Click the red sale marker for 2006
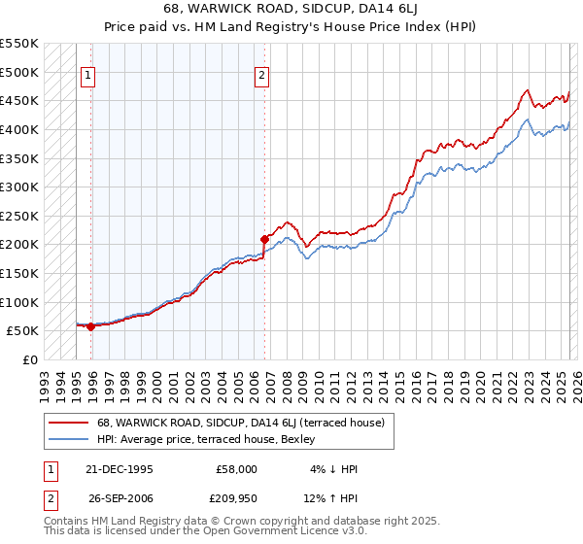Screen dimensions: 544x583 coord(264,238)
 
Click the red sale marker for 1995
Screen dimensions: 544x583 coord(90,326)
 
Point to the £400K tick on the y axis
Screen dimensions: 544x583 coord(19,129)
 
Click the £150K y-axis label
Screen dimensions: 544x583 coord(19,273)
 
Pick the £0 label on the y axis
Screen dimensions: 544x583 coord(29,359)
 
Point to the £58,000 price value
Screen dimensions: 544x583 coord(236,469)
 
